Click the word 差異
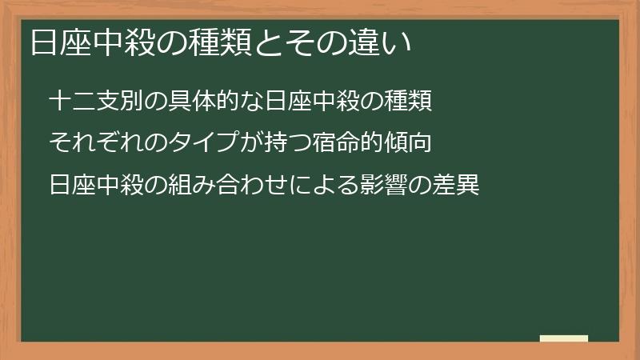point(457,186)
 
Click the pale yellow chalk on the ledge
point(564,338)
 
